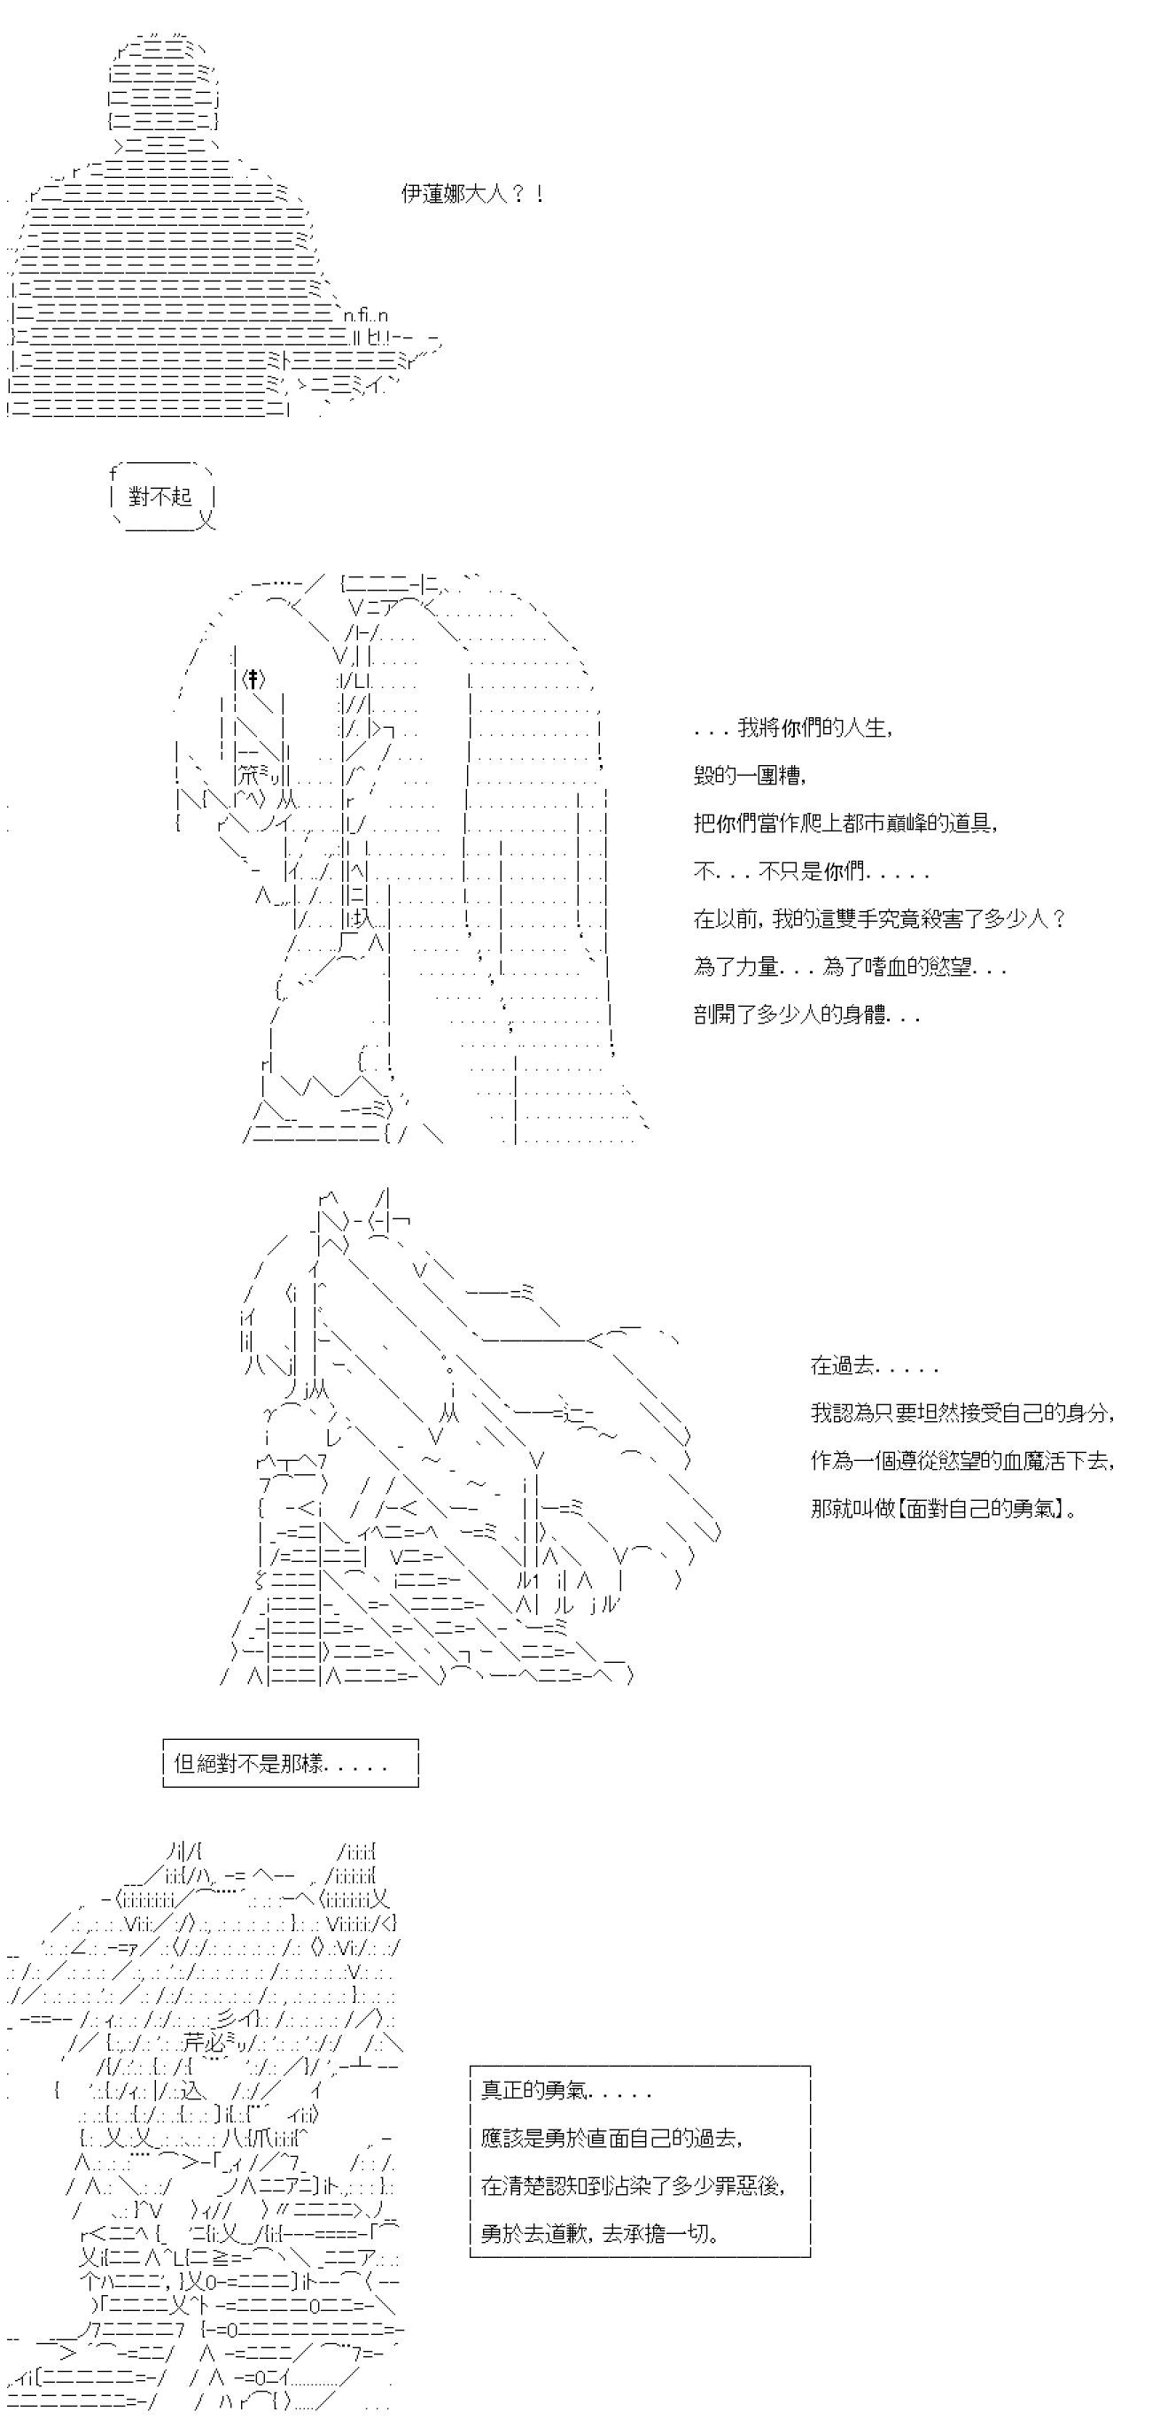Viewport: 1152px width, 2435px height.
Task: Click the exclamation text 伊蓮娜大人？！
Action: (x=472, y=195)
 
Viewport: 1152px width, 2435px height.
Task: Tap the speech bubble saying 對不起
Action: (x=160, y=496)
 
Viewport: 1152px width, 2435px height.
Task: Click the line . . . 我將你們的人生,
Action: (x=792, y=728)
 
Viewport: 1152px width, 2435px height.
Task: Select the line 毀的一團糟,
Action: (x=749, y=776)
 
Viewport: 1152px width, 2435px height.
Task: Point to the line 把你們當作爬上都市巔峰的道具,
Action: (x=845, y=823)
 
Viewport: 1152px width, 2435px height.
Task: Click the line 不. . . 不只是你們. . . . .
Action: (x=811, y=871)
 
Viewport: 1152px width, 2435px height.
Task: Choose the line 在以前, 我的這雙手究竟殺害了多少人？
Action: (x=880, y=919)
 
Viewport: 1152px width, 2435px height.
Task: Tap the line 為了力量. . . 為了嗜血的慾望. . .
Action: (x=848, y=967)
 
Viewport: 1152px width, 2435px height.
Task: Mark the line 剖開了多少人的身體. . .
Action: (x=806, y=1016)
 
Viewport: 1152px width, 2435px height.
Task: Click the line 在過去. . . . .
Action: (x=873, y=1366)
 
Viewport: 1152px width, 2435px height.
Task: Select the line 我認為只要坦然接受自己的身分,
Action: (x=961, y=1413)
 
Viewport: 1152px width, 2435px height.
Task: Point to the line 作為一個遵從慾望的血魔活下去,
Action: (x=961, y=1460)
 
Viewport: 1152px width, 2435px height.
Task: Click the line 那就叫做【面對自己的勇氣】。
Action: (x=944, y=1509)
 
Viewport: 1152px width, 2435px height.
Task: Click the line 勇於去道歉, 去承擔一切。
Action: (x=600, y=2233)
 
